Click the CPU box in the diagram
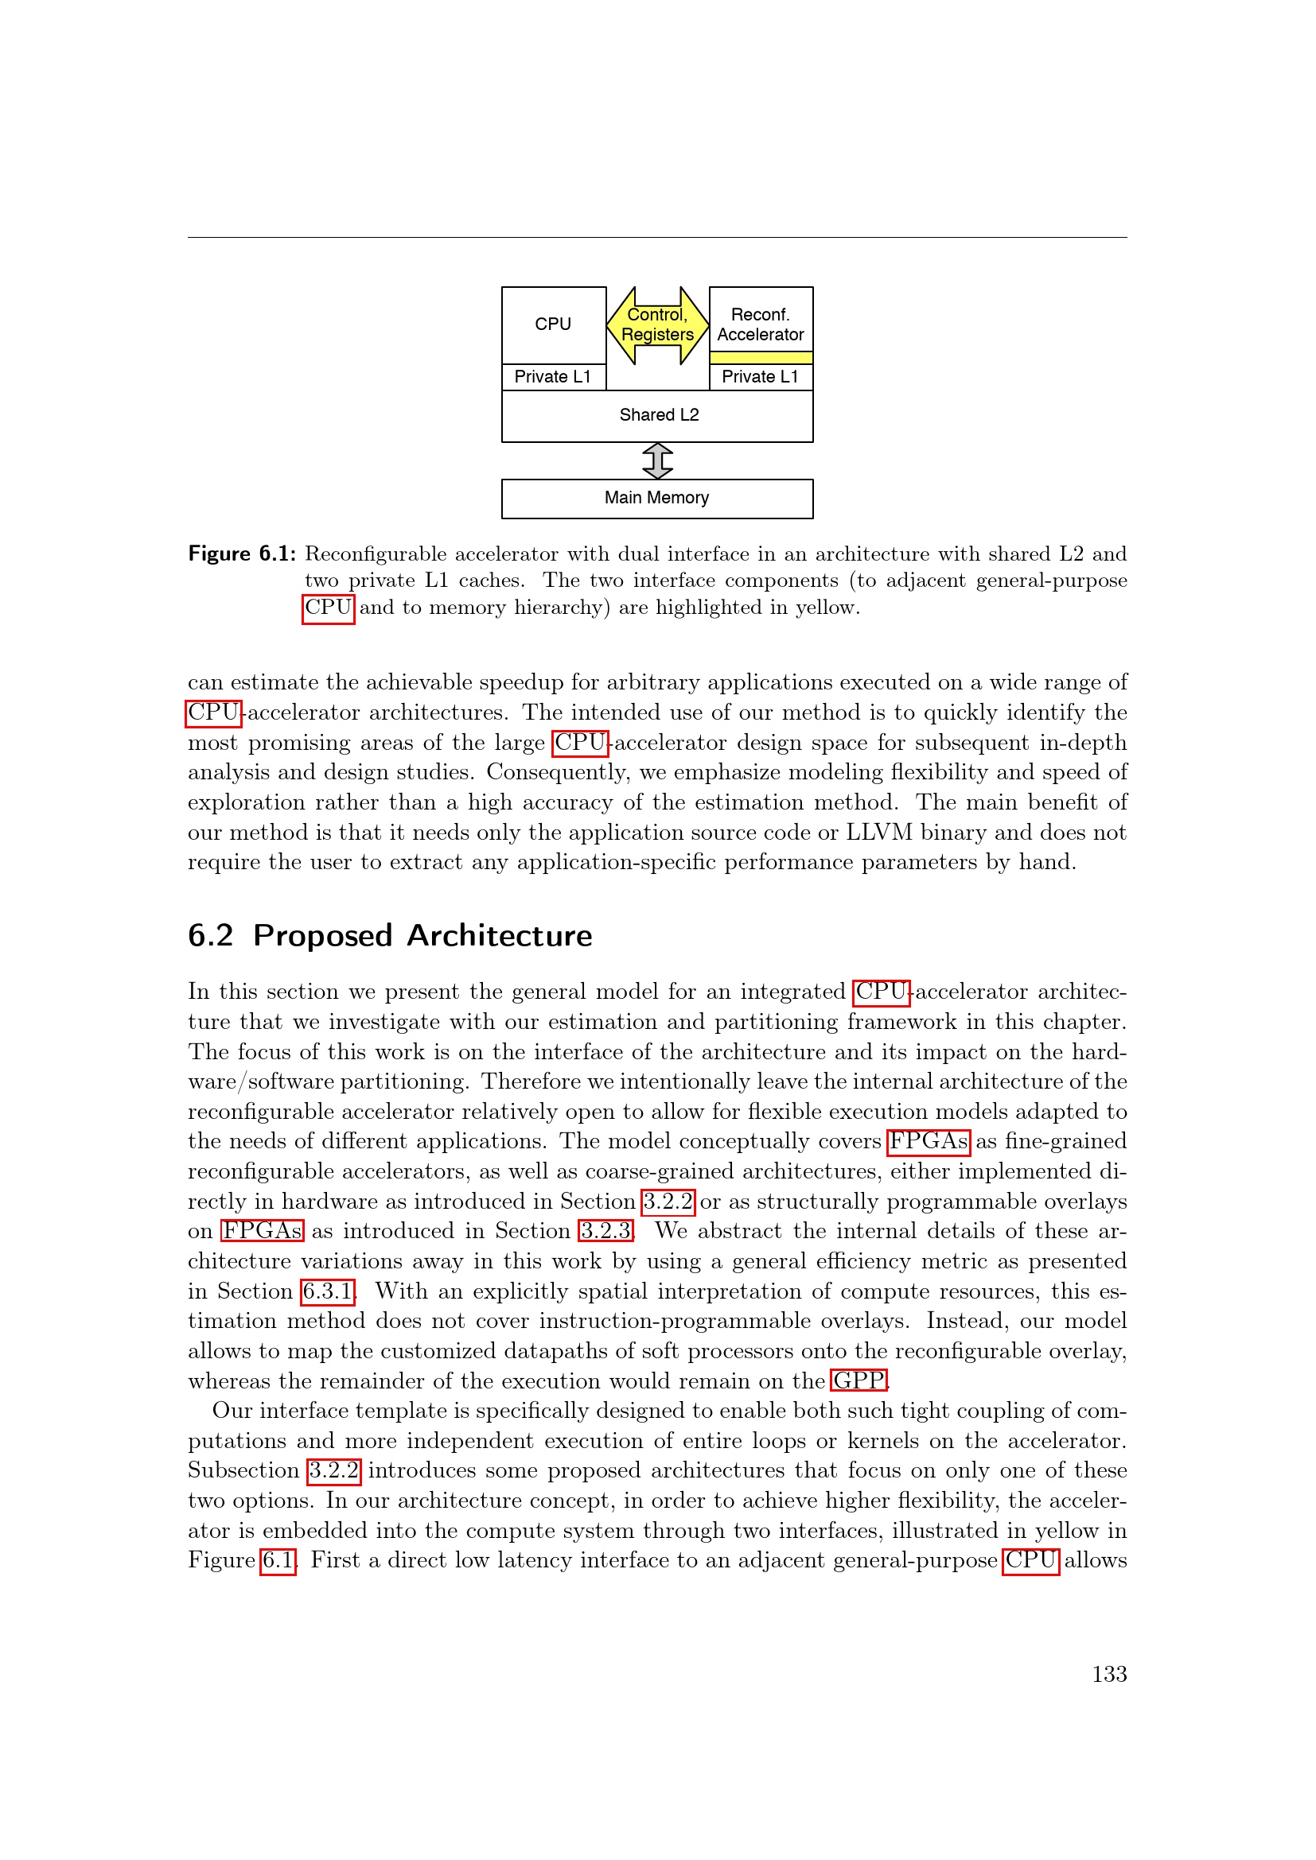click(x=554, y=325)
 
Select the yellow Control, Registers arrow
click(x=657, y=325)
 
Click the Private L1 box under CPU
click(x=554, y=377)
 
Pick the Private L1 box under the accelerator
click(x=760, y=377)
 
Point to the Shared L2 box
click(x=657, y=416)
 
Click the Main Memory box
click(x=657, y=499)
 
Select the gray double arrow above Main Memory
click(x=657, y=460)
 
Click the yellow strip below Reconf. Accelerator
click(x=760, y=357)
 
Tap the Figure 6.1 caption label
click(x=242, y=554)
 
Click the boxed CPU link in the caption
click(x=328, y=608)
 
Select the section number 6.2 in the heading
click(x=210, y=936)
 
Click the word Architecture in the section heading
click(x=499, y=936)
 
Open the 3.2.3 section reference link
click(x=605, y=1230)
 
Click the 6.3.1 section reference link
click(x=327, y=1291)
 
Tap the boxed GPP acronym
click(x=859, y=1380)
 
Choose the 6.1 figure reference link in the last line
click(x=277, y=1560)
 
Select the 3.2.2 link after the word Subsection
click(x=334, y=1470)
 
